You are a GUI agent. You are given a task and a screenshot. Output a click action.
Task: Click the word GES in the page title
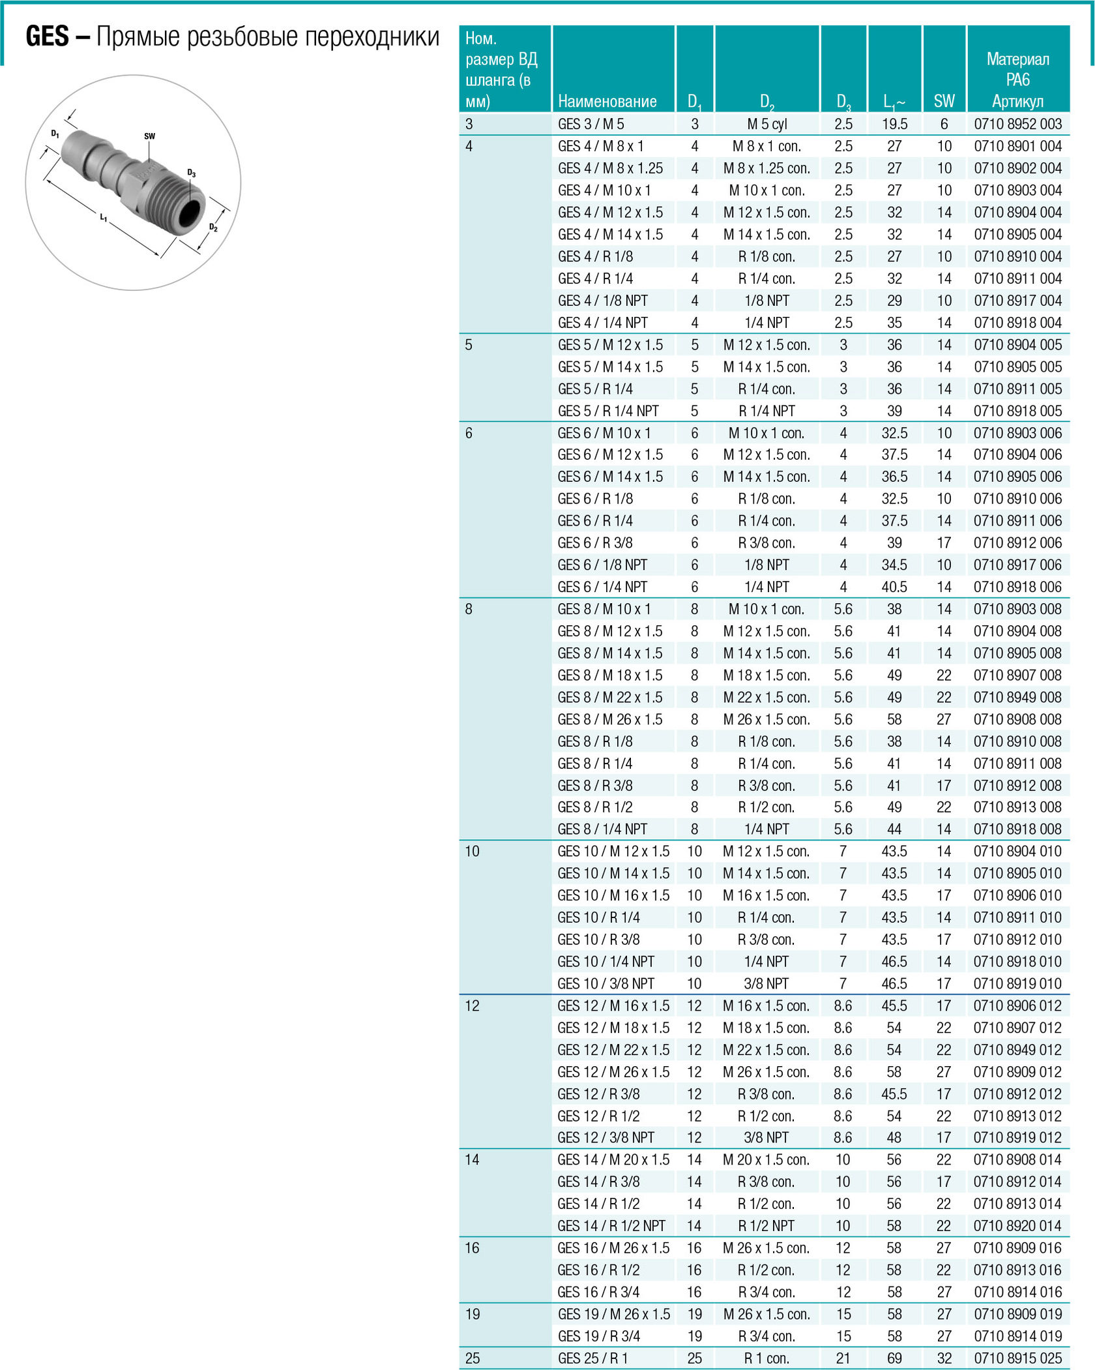[x=47, y=37]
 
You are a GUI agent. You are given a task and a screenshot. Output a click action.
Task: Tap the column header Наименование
[x=607, y=101]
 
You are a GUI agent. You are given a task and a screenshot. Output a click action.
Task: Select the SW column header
[x=944, y=101]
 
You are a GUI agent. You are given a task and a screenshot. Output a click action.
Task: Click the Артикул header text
[x=1017, y=101]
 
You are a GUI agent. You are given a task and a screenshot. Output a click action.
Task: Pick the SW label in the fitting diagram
[x=149, y=136]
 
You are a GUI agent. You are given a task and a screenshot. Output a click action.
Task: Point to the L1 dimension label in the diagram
[x=104, y=217]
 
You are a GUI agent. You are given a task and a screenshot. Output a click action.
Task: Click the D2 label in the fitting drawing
[x=213, y=227]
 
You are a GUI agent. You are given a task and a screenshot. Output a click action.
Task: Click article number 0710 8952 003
[x=1017, y=124]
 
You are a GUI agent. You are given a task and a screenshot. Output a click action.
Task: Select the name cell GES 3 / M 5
[x=591, y=124]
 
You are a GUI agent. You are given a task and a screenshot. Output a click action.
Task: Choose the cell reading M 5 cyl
[x=766, y=124]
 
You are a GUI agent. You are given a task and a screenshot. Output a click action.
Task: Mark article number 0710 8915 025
[x=1017, y=1358]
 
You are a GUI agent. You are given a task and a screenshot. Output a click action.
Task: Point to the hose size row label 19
[x=473, y=1314]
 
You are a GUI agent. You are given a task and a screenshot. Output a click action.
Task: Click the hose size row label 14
[x=472, y=1159]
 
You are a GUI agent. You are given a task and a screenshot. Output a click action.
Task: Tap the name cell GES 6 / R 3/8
[x=594, y=543]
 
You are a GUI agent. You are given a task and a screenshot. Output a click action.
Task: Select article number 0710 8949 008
[x=1017, y=697]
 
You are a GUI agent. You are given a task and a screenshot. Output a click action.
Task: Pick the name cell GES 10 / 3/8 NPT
[x=606, y=983]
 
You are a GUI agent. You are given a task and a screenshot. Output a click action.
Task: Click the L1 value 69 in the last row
[x=894, y=1358]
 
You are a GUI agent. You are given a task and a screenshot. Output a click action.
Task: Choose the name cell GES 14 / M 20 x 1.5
[x=613, y=1159]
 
